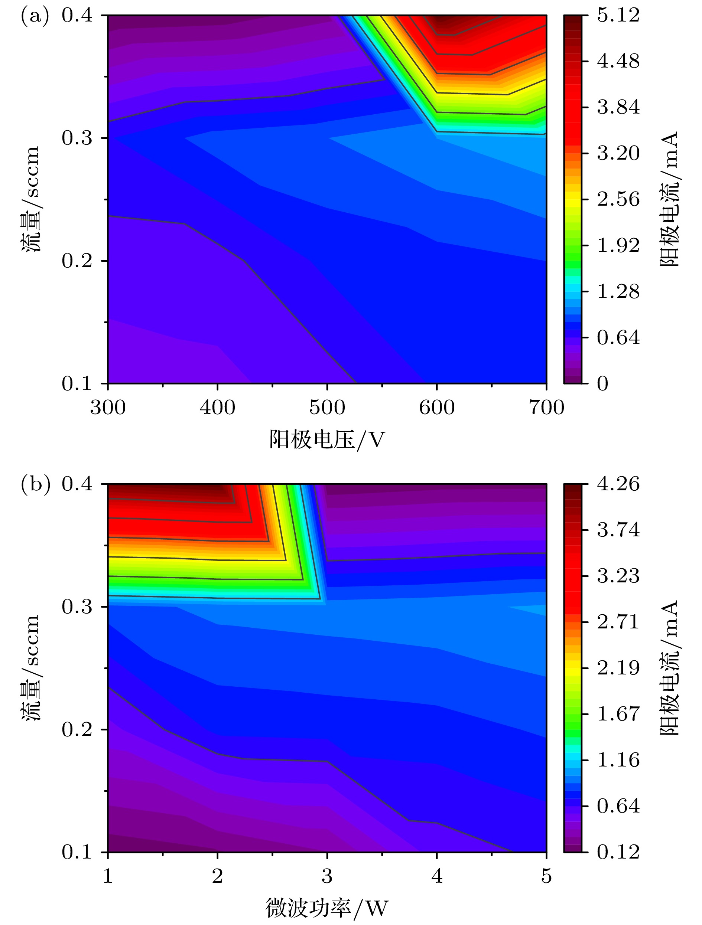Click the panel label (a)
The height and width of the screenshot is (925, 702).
(35, 17)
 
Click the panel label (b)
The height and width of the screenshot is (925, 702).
(35, 484)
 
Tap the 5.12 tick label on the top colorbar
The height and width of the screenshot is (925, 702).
(618, 16)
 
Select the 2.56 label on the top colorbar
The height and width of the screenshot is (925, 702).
(618, 199)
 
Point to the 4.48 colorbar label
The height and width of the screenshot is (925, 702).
(618, 62)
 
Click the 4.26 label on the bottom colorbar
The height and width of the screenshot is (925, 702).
(618, 484)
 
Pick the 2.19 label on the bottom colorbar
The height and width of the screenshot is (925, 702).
(618, 668)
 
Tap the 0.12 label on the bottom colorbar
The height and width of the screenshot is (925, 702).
(618, 852)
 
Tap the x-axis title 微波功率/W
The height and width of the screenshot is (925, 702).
(327, 908)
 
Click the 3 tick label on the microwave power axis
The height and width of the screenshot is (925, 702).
(327, 876)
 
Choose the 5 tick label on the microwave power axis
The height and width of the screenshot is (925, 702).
(546, 876)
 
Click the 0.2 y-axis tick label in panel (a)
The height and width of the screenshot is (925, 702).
(77, 261)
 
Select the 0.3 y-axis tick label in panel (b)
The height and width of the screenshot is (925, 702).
(77, 607)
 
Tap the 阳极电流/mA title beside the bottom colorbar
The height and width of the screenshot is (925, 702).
(669, 668)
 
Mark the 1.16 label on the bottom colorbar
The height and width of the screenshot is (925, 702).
(618, 760)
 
